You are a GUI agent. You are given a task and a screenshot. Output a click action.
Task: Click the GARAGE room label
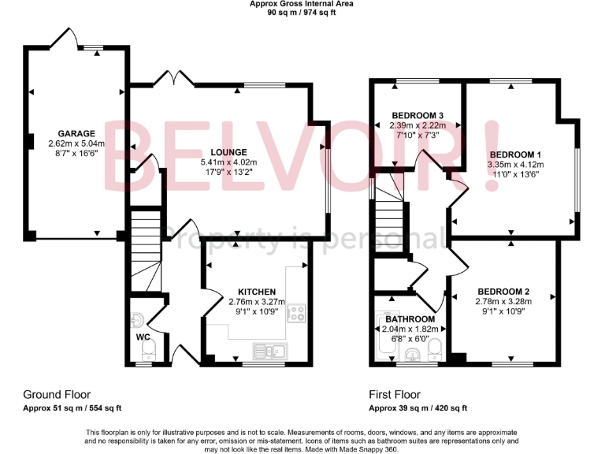click(76, 134)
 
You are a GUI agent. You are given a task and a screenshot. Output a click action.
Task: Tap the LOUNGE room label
click(229, 152)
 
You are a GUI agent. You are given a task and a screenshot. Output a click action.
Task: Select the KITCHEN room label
click(257, 291)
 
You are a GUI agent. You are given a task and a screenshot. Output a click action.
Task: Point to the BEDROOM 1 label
click(516, 154)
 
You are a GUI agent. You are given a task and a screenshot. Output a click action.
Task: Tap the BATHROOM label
click(410, 319)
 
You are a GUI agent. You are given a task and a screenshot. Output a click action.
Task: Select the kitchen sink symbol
click(266, 350)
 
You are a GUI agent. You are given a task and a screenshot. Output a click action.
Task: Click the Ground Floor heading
click(57, 394)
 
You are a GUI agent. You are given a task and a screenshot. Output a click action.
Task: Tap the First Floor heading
click(395, 394)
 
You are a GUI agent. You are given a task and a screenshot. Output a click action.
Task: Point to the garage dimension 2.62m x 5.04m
click(76, 144)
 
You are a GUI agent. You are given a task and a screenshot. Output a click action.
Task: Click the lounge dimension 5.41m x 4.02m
click(229, 162)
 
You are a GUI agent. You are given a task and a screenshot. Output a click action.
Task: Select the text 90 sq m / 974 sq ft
click(302, 13)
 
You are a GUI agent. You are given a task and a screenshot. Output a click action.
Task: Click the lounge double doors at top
click(175, 77)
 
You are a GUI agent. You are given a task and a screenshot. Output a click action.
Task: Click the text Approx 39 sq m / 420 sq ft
click(418, 407)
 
